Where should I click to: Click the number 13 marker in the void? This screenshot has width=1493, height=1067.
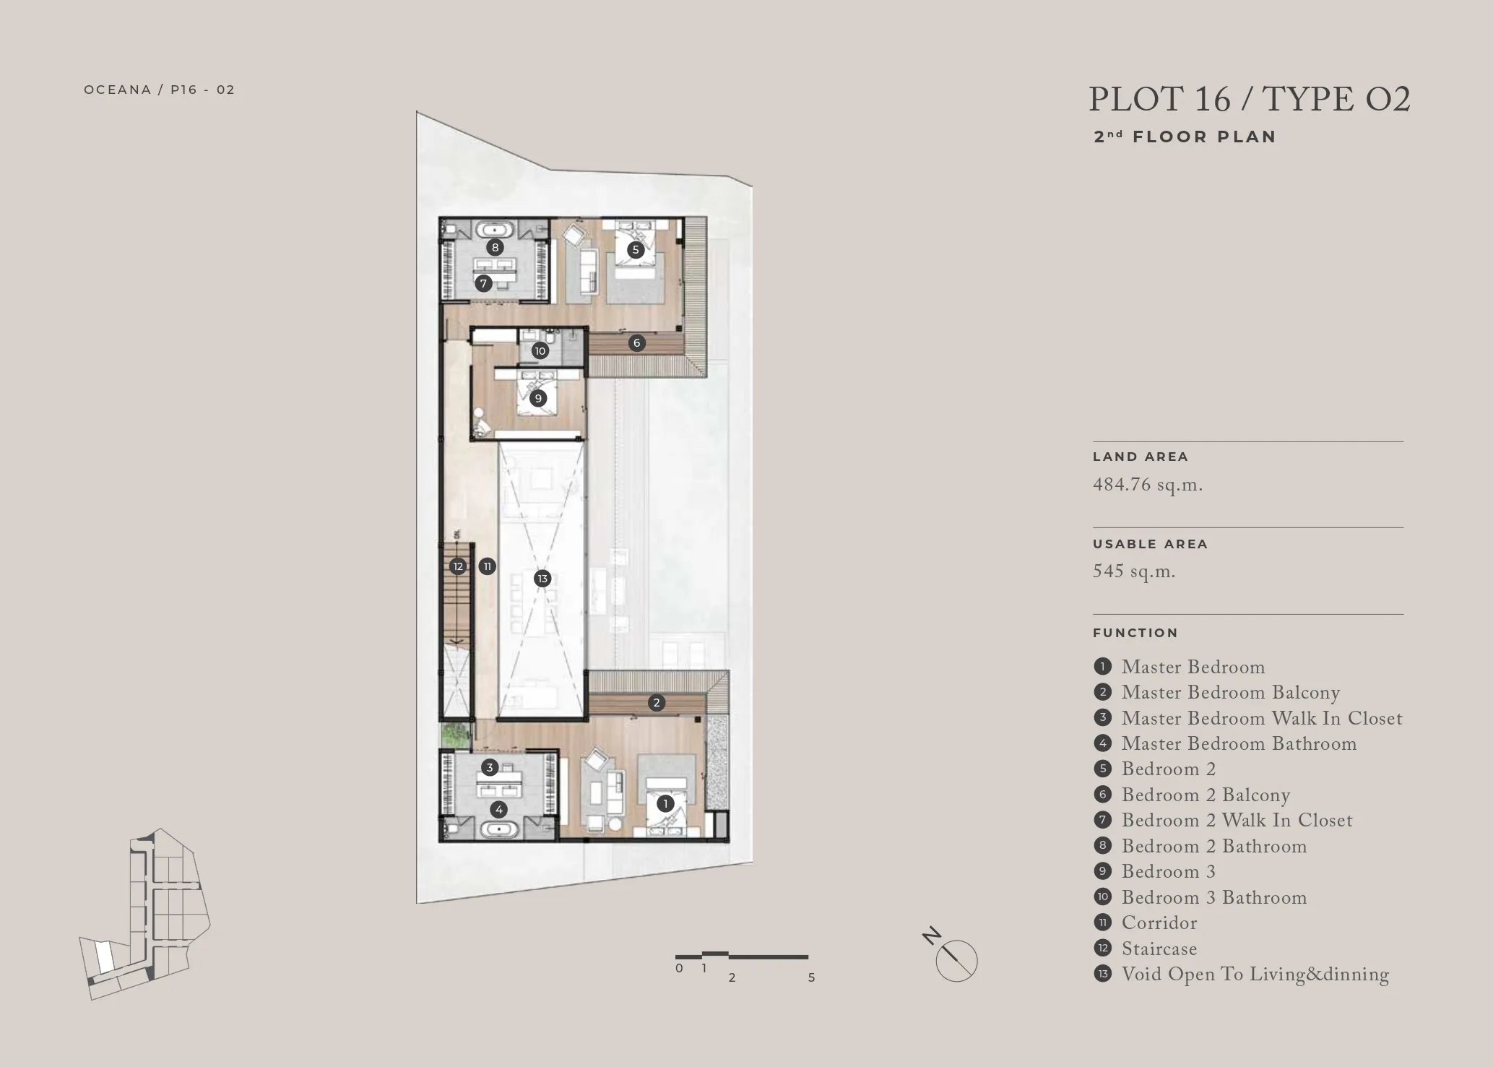coord(542,578)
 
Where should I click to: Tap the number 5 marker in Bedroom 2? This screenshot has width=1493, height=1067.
coord(636,250)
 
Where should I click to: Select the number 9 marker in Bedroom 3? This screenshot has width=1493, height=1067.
coord(537,398)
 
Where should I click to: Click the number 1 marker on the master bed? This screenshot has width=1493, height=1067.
coord(665,803)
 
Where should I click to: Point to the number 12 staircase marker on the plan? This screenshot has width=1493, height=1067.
coord(458,566)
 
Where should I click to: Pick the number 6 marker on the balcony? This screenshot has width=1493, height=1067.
coord(636,342)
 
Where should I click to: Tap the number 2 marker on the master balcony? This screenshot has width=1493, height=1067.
coord(656,702)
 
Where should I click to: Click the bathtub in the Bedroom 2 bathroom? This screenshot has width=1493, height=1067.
coord(495,230)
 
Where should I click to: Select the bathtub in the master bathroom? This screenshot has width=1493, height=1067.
coord(498,829)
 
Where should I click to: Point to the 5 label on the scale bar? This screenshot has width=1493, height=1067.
coord(811,977)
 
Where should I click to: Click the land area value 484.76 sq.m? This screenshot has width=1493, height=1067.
coord(1148,485)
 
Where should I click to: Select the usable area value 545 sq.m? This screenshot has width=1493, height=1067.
coord(1134,571)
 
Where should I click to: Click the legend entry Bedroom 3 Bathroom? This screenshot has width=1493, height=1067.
coord(1214,897)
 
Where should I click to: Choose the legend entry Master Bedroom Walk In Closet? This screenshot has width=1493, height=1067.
coord(1262,718)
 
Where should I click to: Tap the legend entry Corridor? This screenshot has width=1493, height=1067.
coord(1159,923)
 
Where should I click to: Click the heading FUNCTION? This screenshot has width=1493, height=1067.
coord(1135,633)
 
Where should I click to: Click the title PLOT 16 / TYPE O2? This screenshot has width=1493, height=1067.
coord(1250,100)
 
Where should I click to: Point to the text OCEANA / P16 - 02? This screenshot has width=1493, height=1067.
coord(160,90)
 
